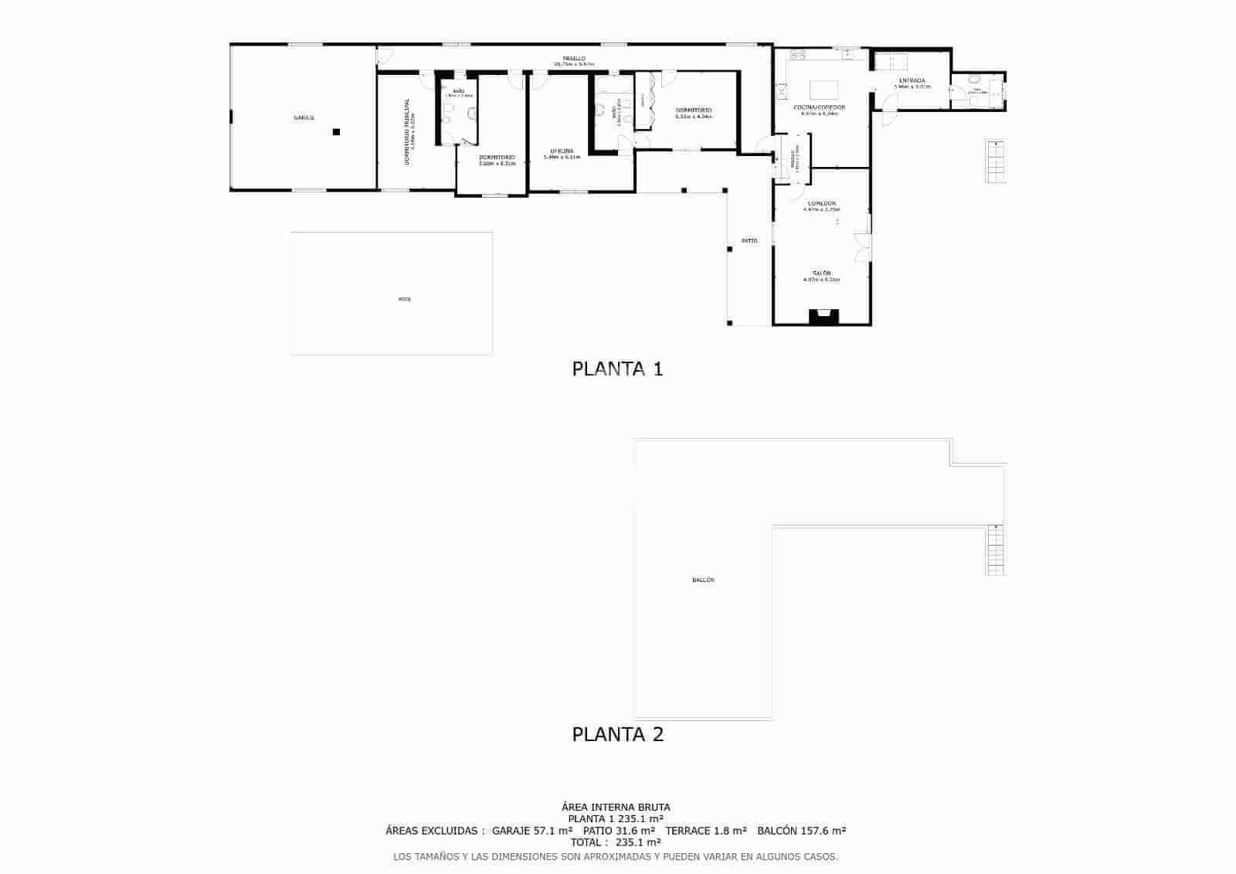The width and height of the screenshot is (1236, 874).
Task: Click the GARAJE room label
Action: (304, 118)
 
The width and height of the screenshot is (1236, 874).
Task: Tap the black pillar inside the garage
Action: (336, 132)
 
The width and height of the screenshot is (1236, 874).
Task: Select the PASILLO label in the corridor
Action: (573, 59)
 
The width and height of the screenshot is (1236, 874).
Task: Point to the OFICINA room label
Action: (562, 151)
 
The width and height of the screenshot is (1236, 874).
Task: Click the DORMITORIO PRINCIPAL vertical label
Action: (407, 132)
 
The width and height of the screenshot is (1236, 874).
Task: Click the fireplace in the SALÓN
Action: (823, 315)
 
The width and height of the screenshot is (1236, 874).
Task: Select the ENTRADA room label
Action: (912, 80)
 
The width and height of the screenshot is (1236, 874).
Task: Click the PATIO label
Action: (749, 241)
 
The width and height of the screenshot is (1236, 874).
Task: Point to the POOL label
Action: (405, 299)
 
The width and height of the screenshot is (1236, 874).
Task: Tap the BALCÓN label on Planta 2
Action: (703, 580)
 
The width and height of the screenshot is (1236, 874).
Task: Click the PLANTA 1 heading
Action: (617, 369)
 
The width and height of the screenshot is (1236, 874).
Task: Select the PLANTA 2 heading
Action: (617, 734)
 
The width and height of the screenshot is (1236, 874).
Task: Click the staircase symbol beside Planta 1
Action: (996, 162)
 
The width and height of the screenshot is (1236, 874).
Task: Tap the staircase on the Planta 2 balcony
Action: (997, 549)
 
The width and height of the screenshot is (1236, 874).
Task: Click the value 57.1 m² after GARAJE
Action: (553, 831)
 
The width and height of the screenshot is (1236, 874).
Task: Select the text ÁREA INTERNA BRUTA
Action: (616, 808)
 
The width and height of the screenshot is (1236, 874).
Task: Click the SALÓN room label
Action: (821, 274)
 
